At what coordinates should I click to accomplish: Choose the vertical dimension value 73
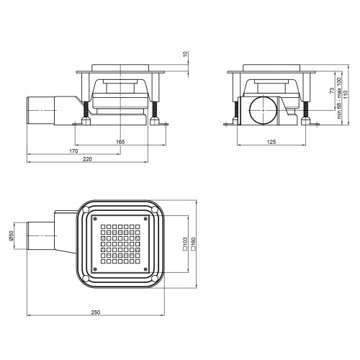coord(339,91)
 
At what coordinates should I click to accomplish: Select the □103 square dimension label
coord(186,245)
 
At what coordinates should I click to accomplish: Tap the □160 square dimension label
coord(194,245)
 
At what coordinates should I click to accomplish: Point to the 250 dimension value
coord(96,312)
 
